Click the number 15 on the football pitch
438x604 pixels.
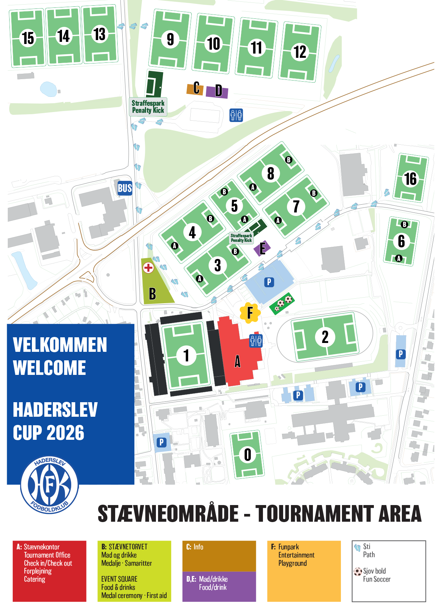[x=28, y=38]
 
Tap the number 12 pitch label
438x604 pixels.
[x=300, y=52]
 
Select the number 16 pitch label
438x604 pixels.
[x=410, y=179]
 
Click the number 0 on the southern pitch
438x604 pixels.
[x=247, y=455]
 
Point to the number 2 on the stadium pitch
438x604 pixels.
[x=325, y=337]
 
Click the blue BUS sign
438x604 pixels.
[x=125, y=188]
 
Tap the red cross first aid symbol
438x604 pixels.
[x=148, y=268]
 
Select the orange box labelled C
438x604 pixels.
[x=195, y=88]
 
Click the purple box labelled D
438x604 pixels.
[x=218, y=91]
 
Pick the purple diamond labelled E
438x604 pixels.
[x=262, y=248]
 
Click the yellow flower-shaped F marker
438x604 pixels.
[x=250, y=313]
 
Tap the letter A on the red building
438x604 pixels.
[x=237, y=361]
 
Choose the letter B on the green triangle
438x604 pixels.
[x=152, y=294]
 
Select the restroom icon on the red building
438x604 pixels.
[x=256, y=340]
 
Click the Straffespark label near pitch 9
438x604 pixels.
[x=148, y=107]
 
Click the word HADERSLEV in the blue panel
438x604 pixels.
[x=55, y=410]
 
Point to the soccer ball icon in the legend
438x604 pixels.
[x=358, y=571]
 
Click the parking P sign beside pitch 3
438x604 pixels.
[x=269, y=282]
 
